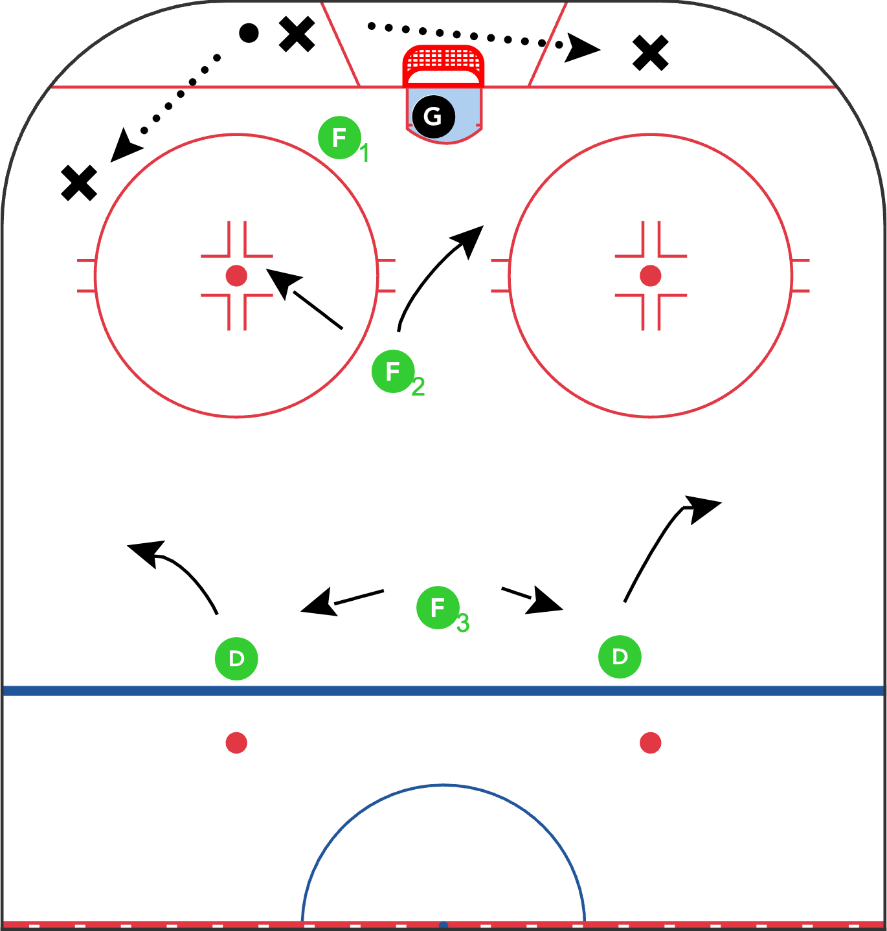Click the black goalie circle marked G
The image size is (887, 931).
(x=433, y=117)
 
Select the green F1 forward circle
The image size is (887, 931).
(x=339, y=138)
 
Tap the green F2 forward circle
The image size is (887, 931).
(x=393, y=371)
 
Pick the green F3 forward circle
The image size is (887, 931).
(x=438, y=607)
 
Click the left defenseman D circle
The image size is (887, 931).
(x=236, y=658)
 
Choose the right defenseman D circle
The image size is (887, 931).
(x=620, y=656)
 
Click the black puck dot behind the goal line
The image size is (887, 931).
(x=249, y=33)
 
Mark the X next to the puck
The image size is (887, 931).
(x=297, y=34)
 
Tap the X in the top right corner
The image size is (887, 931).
(x=651, y=53)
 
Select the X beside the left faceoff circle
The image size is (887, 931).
(x=79, y=183)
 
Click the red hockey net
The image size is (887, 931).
(x=443, y=66)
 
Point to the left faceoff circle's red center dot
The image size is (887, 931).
(x=236, y=276)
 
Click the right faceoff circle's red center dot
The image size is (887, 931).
(x=650, y=276)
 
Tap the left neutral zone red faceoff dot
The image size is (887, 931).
(x=236, y=743)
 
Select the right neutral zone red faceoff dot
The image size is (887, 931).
(x=650, y=743)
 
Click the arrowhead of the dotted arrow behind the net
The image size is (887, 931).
(x=581, y=48)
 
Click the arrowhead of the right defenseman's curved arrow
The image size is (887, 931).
(x=702, y=509)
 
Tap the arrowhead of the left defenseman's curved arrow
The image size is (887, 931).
(x=147, y=552)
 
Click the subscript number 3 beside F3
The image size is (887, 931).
(x=463, y=623)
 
